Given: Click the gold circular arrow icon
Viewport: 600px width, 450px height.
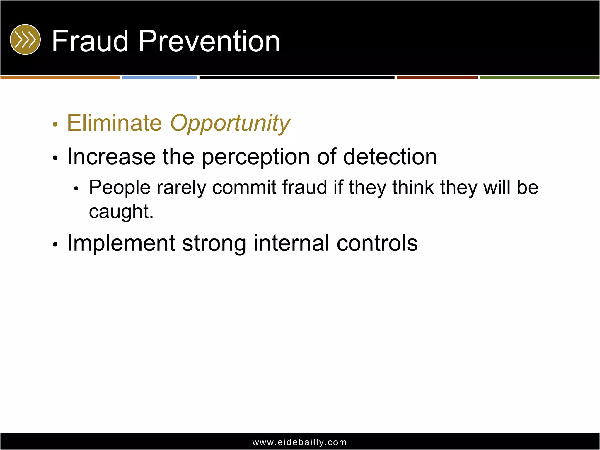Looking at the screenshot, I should click(25, 40).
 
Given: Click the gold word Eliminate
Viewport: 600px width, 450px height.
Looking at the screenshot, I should click(114, 123).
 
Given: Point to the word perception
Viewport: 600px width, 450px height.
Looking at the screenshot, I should click(255, 157).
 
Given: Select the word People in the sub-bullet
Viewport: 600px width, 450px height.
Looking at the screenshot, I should click(120, 188).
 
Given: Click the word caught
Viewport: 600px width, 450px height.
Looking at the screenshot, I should click(121, 212).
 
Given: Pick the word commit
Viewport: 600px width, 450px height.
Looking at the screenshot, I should click(244, 187).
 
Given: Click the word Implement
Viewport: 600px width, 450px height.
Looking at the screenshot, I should click(121, 243).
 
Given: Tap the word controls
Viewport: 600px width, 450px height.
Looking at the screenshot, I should click(377, 243).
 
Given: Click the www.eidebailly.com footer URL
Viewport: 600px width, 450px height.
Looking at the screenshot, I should click(299, 442).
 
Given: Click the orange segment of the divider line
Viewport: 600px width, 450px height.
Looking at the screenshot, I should click(60, 78).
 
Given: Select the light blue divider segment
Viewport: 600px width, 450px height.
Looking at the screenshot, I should click(160, 78).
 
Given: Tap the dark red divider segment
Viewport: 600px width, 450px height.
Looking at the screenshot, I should click(437, 78).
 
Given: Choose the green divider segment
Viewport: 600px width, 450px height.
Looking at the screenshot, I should click(539, 78).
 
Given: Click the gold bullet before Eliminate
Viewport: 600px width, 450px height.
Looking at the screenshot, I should click(55, 125).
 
